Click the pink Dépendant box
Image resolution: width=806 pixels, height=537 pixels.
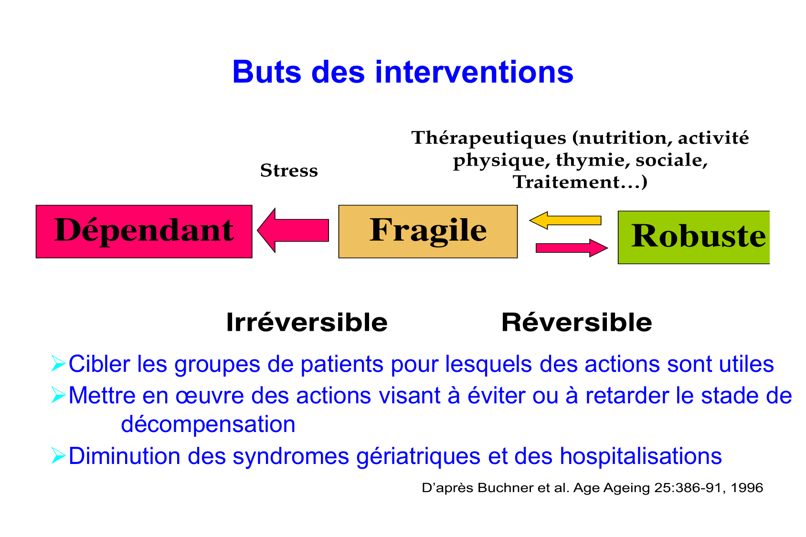point(144,232)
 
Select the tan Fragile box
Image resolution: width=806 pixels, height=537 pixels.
point(428,232)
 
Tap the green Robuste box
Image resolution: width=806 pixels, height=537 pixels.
point(693,237)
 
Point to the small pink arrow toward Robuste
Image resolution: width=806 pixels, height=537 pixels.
point(571,248)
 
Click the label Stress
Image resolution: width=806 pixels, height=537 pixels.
point(289,171)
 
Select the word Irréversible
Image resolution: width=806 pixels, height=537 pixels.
point(307,322)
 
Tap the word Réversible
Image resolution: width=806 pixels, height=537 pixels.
point(576,322)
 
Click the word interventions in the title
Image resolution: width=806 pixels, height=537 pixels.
point(474,72)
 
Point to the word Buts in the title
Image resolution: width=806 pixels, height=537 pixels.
point(266,72)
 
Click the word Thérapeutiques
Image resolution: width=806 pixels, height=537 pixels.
point(488,138)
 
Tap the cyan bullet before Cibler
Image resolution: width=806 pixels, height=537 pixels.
point(58,364)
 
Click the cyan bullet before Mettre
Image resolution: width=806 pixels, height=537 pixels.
point(58,396)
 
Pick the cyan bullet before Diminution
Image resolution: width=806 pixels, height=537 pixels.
point(58,456)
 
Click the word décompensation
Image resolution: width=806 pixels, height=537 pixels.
point(208,424)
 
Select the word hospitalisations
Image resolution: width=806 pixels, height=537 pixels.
point(640,456)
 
